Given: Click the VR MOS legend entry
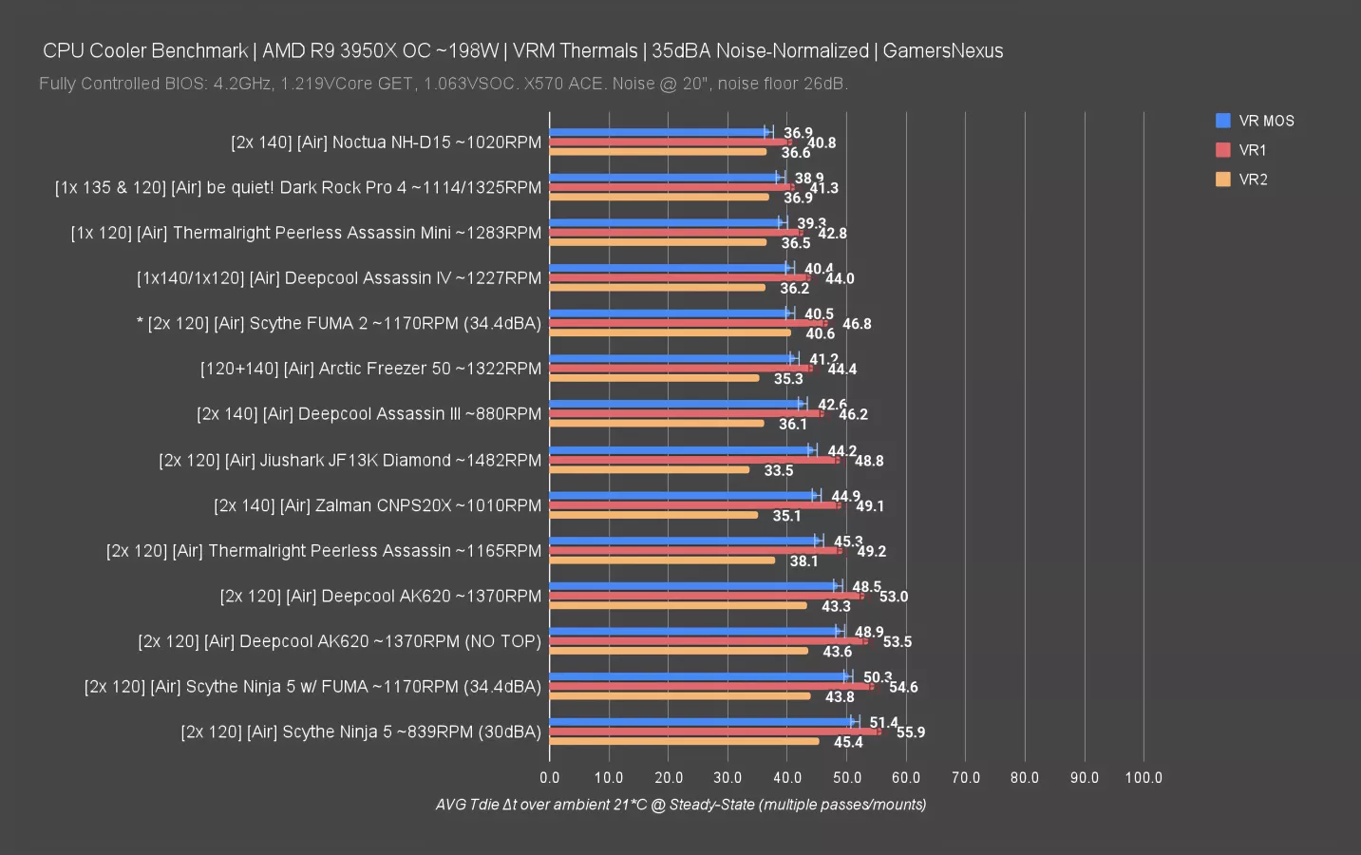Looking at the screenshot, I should coord(1265,121).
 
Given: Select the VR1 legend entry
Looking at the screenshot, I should coord(1252,150).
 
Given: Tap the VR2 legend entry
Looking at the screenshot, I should coord(1252,180).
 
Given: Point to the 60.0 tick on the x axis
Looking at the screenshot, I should coord(906,777).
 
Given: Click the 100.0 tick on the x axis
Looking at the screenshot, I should coord(1144,777).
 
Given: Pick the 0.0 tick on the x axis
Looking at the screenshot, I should coord(550,777).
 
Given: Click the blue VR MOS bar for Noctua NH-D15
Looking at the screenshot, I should coord(658,133).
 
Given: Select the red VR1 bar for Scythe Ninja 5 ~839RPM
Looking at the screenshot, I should coord(714,731).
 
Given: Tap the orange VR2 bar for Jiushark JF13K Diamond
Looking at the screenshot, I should coord(649,469).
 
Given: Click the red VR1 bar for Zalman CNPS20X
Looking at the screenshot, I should coord(694,505).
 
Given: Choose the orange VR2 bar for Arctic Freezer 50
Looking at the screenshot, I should coord(654,378).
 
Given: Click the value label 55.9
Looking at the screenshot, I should coord(910,732).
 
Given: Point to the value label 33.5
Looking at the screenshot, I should coord(779,470).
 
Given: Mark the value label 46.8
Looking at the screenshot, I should coord(857,324).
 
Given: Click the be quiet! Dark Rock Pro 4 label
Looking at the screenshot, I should coord(298,188).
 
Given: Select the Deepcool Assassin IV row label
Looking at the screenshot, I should coord(339,278).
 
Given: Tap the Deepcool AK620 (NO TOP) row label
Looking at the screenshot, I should coord(339,641).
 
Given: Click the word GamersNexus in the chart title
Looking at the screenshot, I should coord(942,51).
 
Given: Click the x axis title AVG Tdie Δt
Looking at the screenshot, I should coord(680,805).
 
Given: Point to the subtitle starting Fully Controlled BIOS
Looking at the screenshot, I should coord(443,84).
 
